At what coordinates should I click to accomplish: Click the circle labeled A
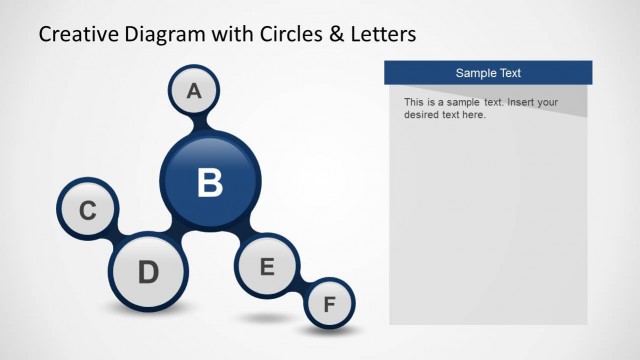coord(194,91)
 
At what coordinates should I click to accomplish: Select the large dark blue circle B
coord(210,182)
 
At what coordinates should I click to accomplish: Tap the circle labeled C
coord(88,211)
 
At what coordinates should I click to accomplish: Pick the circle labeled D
coord(148,271)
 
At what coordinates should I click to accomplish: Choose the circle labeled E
coord(266,267)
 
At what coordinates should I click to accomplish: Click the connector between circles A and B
coord(201,124)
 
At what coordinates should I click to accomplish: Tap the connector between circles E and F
coord(300,286)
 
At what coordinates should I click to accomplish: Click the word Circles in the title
coord(288,35)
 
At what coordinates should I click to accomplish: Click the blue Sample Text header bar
coord(488,73)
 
